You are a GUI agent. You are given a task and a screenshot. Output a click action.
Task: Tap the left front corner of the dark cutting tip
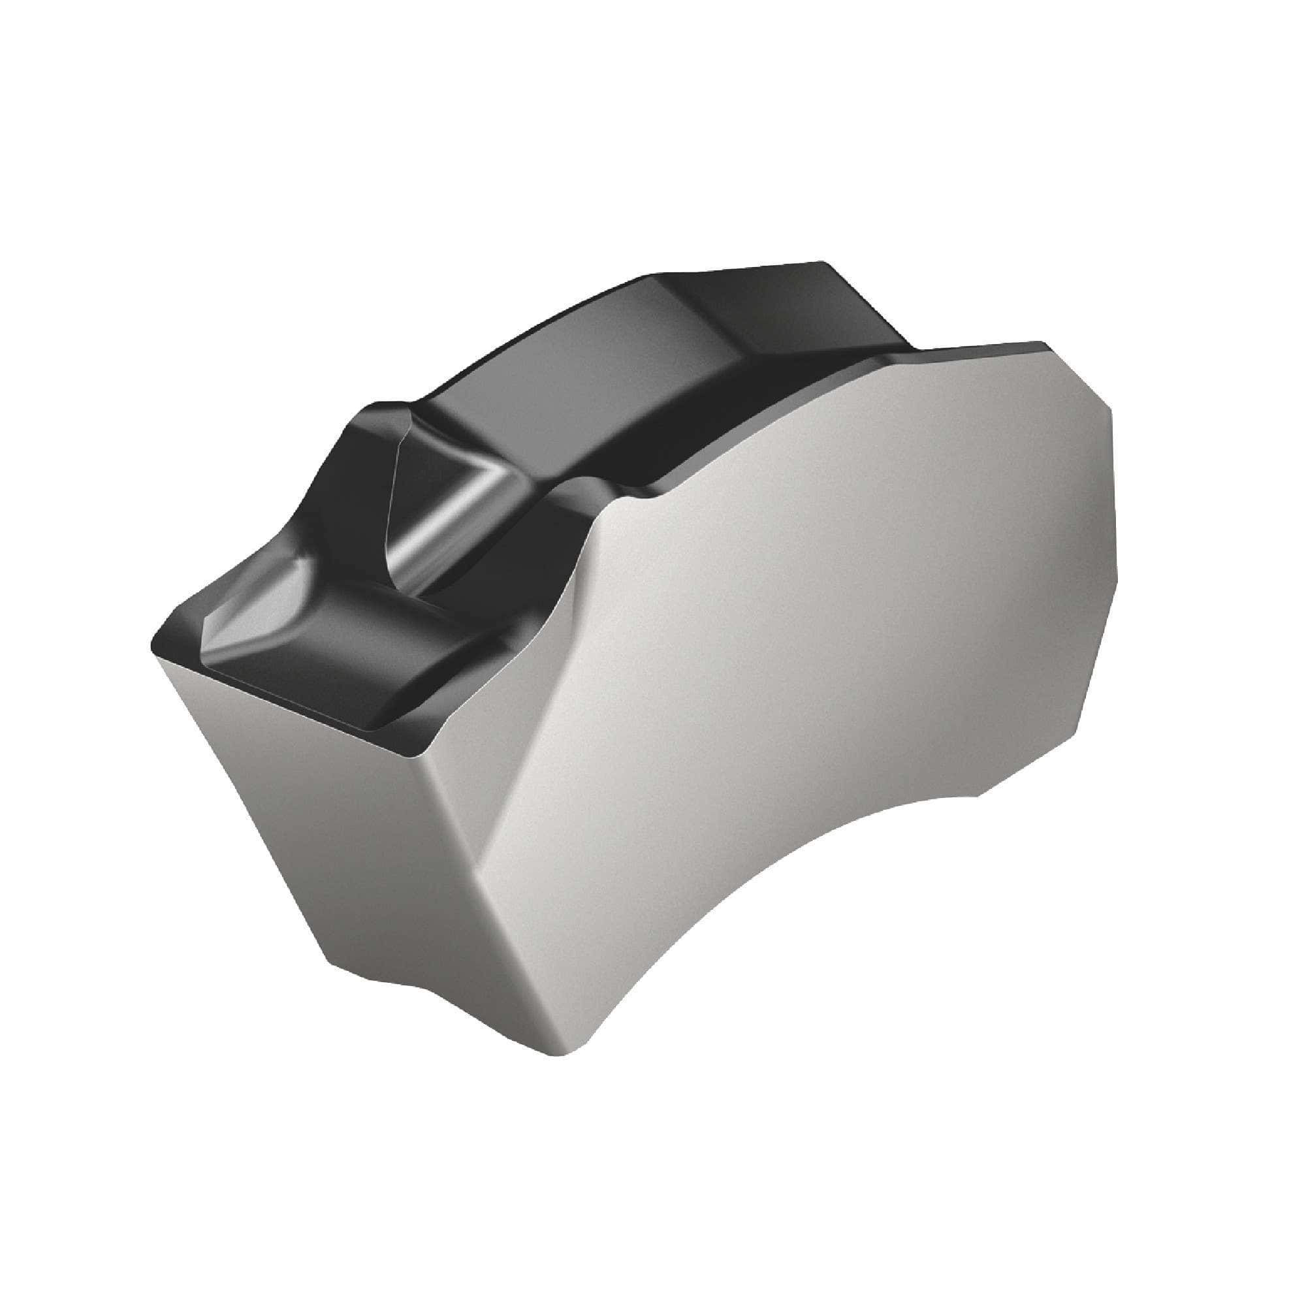(154, 649)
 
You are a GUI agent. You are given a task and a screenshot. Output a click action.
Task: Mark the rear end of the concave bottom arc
(977, 798)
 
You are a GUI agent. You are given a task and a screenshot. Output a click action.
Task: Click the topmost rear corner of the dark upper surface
(821, 263)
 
